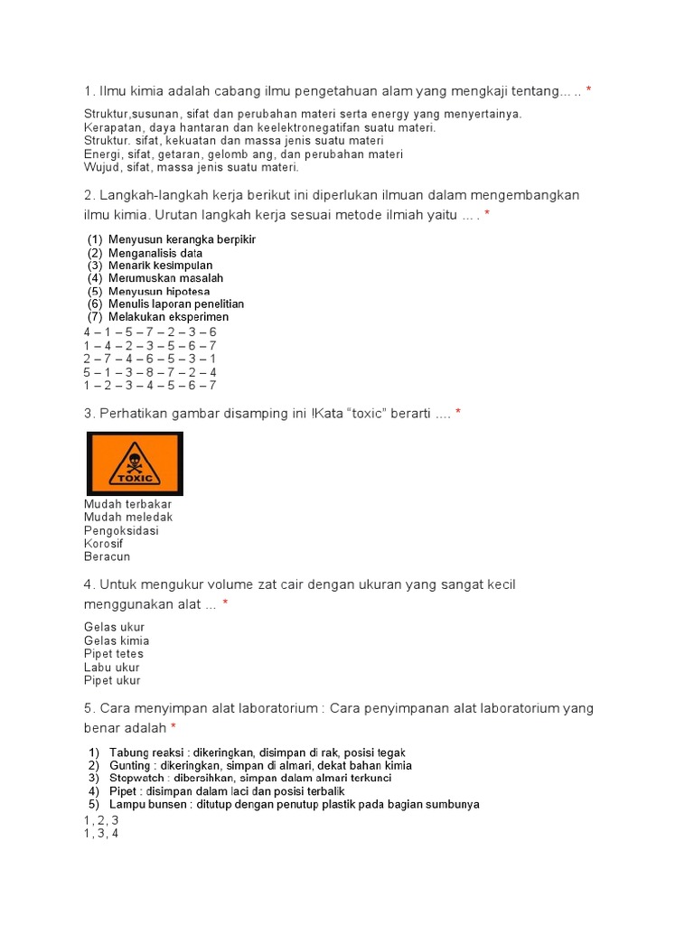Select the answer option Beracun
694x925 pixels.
tap(107, 556)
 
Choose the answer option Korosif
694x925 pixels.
tap(103, 544)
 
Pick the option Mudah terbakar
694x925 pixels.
tap(127, 503)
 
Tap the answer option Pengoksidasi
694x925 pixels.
tap(121, 530)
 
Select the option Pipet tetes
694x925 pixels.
tap(114, 653)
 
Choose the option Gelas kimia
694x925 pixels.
tap(117, 640)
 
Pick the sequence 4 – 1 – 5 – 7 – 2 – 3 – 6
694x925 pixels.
tap(150, 332)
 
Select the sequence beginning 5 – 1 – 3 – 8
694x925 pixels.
tap(150, 372)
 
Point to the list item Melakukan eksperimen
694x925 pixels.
tap(168, 317)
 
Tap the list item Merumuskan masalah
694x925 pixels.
tap(165, 278)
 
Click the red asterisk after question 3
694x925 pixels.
tap(458, 413)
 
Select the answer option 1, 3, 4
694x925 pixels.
tap(101, 834)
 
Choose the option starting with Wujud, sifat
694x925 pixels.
tap(191, 167)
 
